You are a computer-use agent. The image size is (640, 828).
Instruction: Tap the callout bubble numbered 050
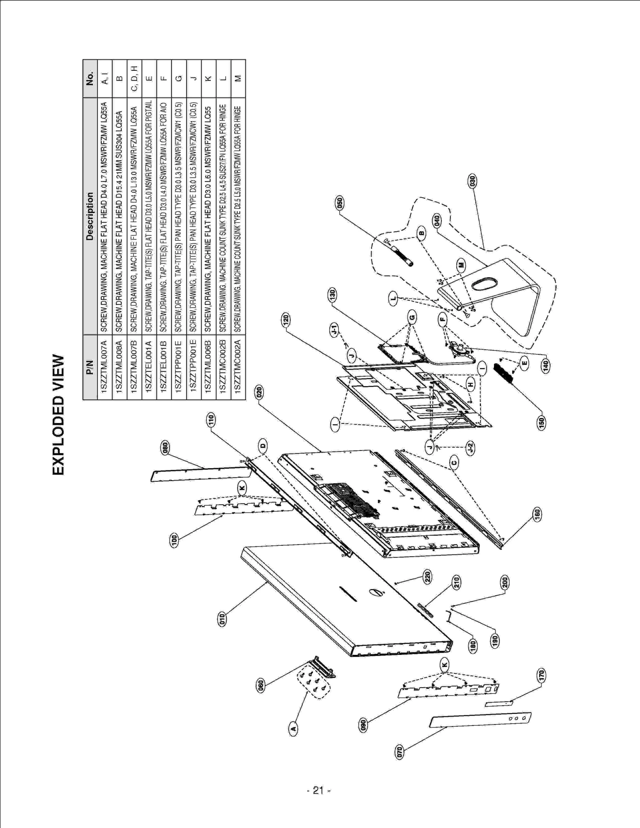click(x=340, y=203)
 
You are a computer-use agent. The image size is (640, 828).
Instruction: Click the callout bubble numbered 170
click(x=542, y=676)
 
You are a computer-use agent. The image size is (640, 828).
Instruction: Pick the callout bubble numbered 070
click(x=399, y=751)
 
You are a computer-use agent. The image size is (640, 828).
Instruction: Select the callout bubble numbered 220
click(x=427, y=577)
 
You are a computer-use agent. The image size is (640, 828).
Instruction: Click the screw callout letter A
click(x=293, y=728)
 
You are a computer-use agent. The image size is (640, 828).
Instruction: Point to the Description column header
click(x=90, y=216)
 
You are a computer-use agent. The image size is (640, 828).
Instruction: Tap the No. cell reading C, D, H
click(x=134, y=78)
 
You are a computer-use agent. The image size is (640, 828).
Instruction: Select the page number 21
click(x=318, y=790)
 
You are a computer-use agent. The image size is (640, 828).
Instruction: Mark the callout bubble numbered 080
click(x=164, y=448)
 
